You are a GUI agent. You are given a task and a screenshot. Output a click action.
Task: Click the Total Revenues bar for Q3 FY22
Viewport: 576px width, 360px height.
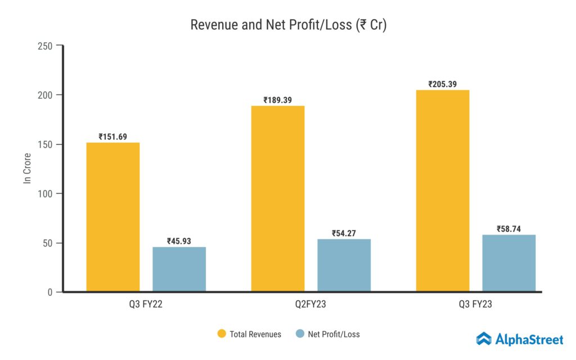(112, 217)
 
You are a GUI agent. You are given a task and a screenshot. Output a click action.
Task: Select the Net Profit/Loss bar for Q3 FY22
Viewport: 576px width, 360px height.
(179, 269)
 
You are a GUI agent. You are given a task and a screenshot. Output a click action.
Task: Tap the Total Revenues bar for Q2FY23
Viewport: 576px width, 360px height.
(278, 199)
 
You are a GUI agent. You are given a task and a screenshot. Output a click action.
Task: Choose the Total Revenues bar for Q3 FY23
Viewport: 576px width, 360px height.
(443, 191)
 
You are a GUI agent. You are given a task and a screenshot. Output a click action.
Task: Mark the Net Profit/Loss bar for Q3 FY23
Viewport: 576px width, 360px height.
(508, 263)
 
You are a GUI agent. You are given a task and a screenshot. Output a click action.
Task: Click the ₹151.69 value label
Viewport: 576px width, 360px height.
(112, 137)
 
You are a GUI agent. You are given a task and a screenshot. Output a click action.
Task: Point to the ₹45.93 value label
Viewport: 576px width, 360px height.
(179, 241)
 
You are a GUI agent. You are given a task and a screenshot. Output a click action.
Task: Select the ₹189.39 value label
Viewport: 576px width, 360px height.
(278, 100)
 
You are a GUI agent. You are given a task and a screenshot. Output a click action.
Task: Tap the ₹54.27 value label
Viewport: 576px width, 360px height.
(344, 233)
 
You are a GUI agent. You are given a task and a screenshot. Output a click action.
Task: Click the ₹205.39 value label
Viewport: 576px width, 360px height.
(443, 84)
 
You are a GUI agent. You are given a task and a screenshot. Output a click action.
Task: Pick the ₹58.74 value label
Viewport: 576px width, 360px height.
(508, 229)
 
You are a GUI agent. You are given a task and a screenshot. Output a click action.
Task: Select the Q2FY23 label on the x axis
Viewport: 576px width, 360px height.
(310, 304)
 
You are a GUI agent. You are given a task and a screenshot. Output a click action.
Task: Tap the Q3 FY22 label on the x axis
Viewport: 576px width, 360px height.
(146, 304)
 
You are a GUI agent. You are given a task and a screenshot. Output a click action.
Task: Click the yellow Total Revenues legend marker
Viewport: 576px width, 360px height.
(222, 334)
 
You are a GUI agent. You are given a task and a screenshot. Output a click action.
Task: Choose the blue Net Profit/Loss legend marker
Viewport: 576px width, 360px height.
(299, 334)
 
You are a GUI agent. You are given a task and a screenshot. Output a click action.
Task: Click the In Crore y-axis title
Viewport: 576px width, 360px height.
(26, 168)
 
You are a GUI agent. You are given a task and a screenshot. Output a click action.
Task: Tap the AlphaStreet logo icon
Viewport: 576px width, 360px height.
(484, 339)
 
